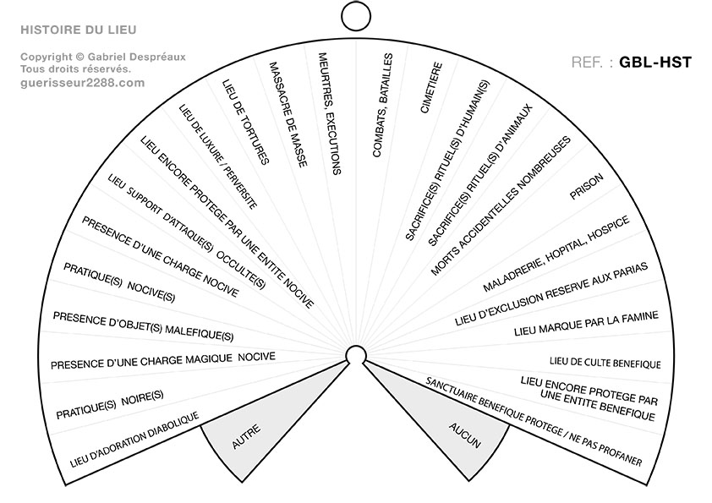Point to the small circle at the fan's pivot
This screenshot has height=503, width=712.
356,354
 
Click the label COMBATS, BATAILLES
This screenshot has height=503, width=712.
382,106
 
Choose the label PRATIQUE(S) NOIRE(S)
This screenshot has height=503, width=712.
109,405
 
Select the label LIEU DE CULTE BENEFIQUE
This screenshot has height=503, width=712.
605,364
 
